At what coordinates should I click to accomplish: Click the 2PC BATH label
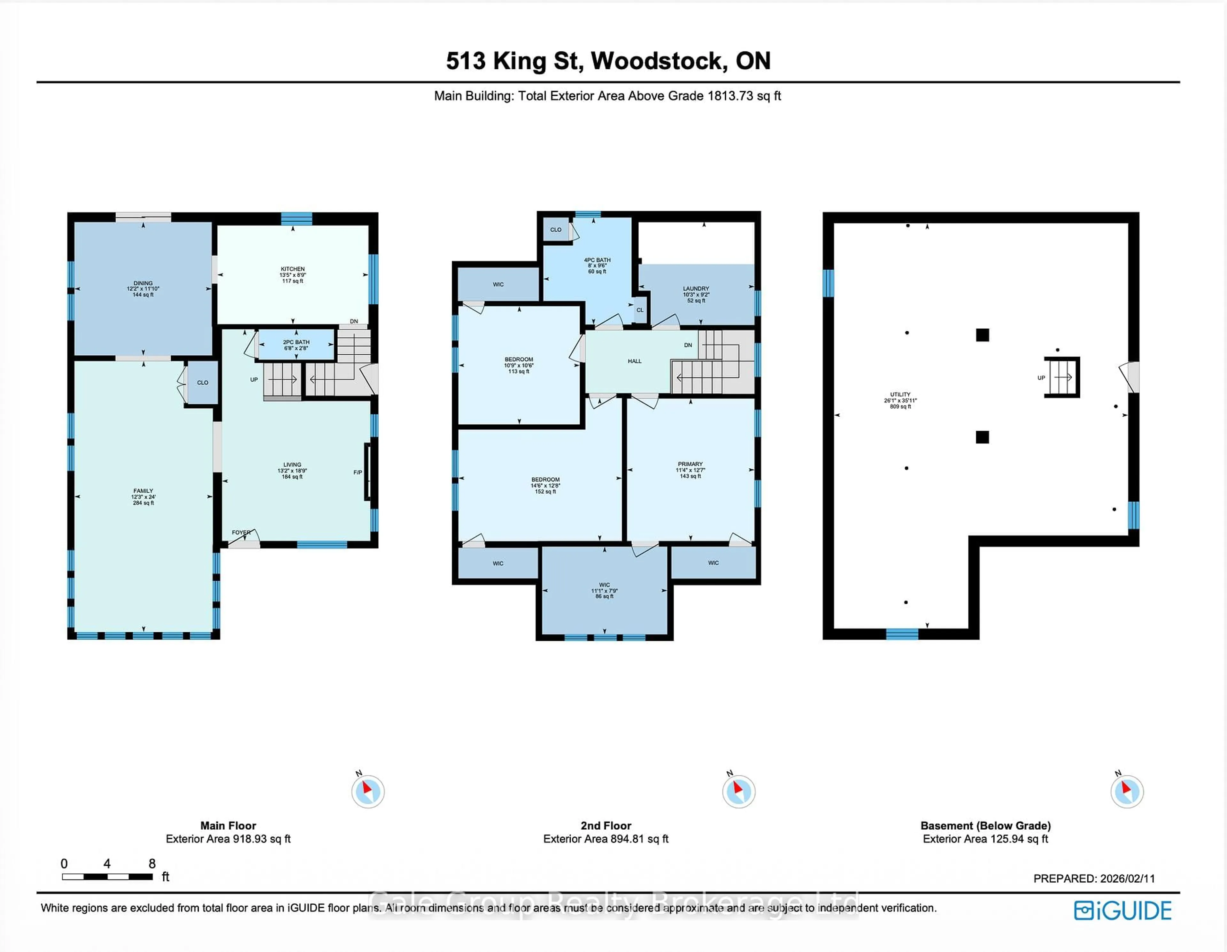296,342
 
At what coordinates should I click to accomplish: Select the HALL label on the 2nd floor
634,361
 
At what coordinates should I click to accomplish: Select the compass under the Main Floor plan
368,791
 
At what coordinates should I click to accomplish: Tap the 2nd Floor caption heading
606,825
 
